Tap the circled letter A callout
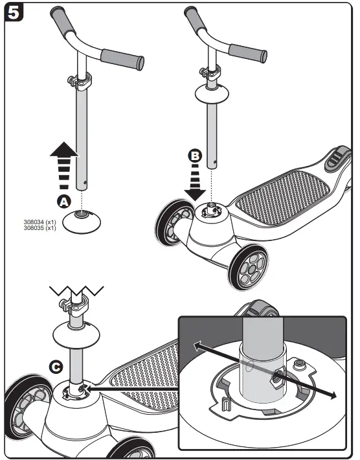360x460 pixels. pos(63,201)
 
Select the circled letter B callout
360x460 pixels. pos(194,155)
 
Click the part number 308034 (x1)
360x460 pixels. pos(39,222)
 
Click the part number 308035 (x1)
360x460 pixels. pos(39,227)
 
